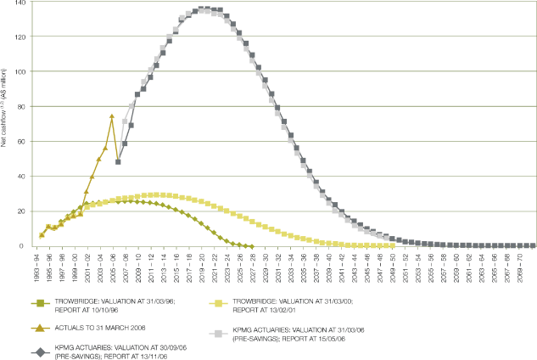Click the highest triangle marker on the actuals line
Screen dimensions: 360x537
[x=112, y=116]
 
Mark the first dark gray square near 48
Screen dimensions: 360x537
[x=118, y=161]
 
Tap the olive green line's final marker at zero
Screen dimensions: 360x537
[x=252, y=245]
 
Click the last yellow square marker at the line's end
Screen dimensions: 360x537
[x=392, y=245]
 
